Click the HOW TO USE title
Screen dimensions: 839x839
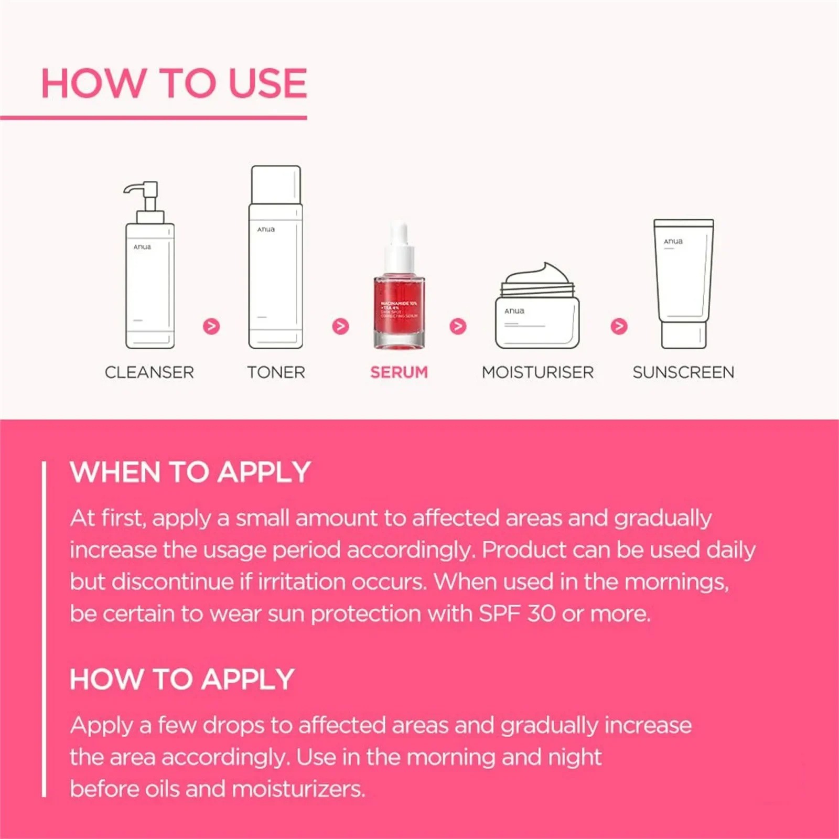pyautogui.click(x=174, y=83)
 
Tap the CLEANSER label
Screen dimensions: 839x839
pyautogui.click(x=149, y=372)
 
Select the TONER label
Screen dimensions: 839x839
pyautogui.click(x=276, y=372)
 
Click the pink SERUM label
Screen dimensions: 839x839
pyautogui.click(x=399, y=372)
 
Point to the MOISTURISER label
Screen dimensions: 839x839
pyautogui.click(x=537, y=372)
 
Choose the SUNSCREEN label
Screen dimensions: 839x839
pyautogui.click(x=683, y=372)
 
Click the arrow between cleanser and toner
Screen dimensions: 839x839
pyautogui.click(x=211, y=326)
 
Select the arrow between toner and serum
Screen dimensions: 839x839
pyautogui.click(x=340, y=326)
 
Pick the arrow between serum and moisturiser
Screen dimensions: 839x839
pyautogui.click(x=458, y=326)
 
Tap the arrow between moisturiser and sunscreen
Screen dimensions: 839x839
pyautogui.click(x=619, y=326)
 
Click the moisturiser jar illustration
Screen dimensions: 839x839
pyautogui.click(x=537, y=315)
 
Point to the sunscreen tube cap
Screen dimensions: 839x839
pyautogui.click(x=683, y=336)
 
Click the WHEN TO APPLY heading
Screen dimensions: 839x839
pyautogui.click(x=190, y=472)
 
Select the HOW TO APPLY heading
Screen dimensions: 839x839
pyautogui.click(x=182, y=679)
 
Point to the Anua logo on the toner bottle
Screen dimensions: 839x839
pyautogui.click(x=266, y=230)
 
